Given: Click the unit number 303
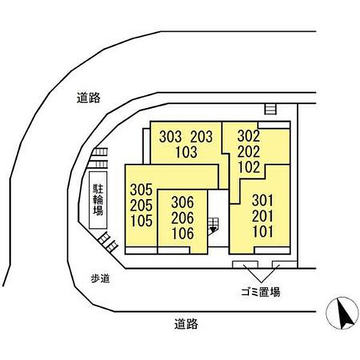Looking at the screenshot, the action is (170, 137).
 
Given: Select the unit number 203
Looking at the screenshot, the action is (202, 137).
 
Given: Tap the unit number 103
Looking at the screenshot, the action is (186, 152).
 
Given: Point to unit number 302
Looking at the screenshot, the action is (248, 136).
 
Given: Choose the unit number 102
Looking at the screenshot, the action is (249, 167).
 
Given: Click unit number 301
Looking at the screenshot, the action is (263, 200).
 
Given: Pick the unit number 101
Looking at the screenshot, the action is (263, 231).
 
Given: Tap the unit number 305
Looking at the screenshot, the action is (141, 190).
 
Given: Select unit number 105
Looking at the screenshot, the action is (142, 221).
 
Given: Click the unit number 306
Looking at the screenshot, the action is (182, 202).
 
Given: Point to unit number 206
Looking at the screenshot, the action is (182, 218).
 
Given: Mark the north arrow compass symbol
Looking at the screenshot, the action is (343, 313).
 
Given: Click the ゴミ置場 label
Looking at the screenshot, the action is (260, 292).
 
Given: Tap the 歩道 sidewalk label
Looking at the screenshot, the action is (100, 278).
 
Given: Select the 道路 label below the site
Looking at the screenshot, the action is (186, 324).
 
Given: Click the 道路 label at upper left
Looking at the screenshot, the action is (88, 98).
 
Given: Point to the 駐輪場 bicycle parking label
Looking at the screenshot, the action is (98, 200).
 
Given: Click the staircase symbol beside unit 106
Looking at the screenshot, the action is (214, 226).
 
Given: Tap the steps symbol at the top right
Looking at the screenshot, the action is (271, 109).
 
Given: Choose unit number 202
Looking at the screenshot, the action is (248, 151).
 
